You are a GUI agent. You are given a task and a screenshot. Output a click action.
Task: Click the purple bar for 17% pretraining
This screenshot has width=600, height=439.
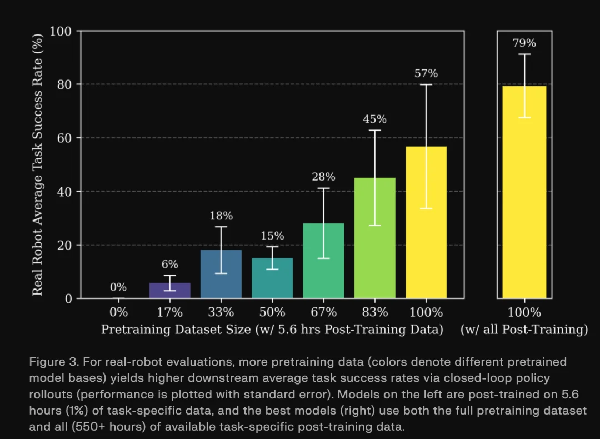click(170, 291)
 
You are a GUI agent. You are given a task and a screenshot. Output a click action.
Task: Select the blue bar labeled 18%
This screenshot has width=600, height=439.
click(221, 275)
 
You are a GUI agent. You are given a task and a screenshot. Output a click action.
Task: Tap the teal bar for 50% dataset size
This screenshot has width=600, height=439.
click(272, 278)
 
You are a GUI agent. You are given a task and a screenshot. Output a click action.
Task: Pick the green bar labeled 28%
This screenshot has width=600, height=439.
click(323, 261)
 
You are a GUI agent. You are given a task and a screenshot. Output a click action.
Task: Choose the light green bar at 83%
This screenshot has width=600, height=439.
click(375, 238)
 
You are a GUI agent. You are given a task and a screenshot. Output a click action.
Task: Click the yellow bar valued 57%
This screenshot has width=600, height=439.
click(426, 222)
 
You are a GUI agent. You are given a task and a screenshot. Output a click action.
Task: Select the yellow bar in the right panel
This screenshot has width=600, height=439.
click(524, 192)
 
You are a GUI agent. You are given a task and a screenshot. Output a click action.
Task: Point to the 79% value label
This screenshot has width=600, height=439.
click(524, 43)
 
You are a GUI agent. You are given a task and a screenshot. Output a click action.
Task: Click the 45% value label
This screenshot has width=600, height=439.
click(375, 119)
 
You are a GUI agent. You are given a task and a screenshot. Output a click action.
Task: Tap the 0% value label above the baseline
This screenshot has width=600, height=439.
click(118, 287)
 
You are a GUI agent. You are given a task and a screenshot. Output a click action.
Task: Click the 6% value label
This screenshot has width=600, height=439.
click(170, 264)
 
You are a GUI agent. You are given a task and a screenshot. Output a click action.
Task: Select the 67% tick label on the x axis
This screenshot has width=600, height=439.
click(323, 312)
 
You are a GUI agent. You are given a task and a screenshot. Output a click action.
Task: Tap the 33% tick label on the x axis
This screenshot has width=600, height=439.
click(221, 312)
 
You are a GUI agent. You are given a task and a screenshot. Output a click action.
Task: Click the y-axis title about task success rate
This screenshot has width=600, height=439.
click(38, 164)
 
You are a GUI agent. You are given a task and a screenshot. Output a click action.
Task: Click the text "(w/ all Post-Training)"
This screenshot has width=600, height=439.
click(524, 330)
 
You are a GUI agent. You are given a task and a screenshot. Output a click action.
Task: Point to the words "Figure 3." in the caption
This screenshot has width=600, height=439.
click(54, 362)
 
